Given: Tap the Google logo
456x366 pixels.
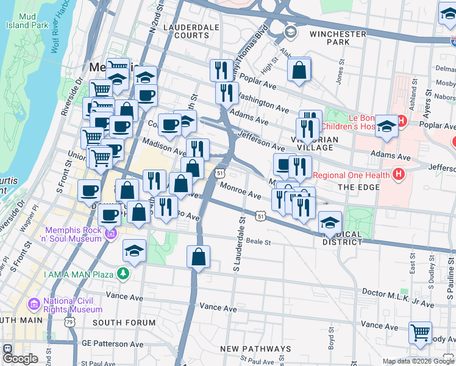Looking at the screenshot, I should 20,359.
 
